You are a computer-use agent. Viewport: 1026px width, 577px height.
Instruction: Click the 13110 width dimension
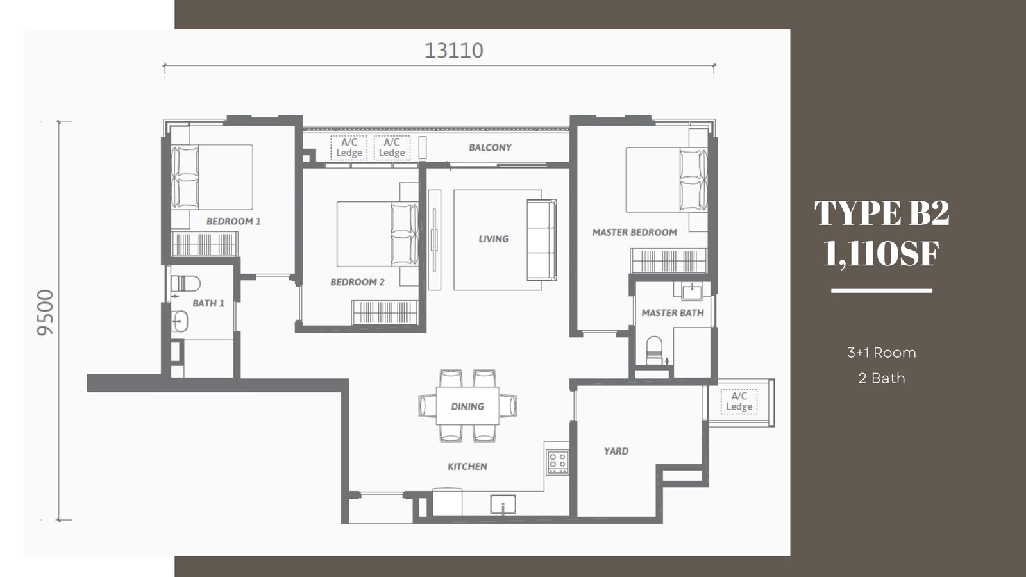453,51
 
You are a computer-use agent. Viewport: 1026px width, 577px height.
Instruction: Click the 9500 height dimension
46,312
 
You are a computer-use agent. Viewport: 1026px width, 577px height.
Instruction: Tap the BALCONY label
490,147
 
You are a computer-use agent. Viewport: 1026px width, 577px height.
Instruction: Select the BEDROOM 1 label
233,222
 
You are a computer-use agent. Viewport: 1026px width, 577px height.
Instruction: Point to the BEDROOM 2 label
358,282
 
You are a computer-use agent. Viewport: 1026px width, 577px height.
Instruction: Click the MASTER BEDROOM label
634,233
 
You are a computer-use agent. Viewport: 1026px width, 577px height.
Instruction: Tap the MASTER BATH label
673,313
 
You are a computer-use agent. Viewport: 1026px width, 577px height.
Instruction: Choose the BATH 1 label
208,303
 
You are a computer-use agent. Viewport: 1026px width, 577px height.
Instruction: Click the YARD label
616,451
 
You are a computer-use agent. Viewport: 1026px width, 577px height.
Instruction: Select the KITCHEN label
467,467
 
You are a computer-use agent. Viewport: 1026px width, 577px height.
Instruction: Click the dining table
467,406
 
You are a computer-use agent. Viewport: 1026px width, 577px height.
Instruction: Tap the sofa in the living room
541,240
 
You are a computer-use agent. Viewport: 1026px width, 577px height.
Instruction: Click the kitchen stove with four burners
557,462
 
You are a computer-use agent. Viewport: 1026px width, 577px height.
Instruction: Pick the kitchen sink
503,504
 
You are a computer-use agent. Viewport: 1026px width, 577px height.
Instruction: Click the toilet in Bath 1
185,283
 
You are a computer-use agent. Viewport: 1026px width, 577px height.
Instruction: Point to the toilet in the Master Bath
654,351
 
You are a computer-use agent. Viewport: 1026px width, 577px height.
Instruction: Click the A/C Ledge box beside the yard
739,401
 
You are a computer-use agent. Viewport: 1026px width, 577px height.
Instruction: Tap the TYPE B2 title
882,213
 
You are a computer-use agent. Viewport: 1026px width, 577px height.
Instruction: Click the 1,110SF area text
882,253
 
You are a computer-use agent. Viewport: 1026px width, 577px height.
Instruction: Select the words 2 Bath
882,378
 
